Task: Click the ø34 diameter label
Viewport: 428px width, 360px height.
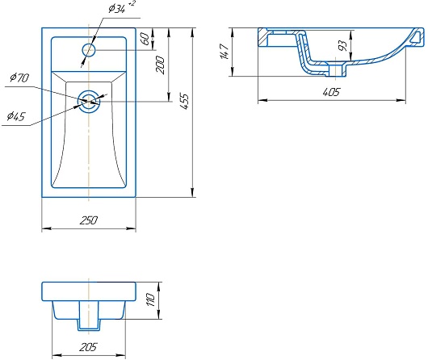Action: pyautogui.click(x=117, y=9)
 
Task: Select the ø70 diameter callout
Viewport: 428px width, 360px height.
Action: pyautogui.click(x=19, y=77)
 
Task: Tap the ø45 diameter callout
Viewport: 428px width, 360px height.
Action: pyautogui.click(x=16, y=116)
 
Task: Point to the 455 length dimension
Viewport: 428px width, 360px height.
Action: pyautogui.click(x=185, y=102)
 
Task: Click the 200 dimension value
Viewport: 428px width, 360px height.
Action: pyautogui.click(x=161, y=65)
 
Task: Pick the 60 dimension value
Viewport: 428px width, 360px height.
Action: pyautogui.click(x=146, y=39)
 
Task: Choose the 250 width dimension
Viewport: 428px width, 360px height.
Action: pyautogui.click(x=89, y=220)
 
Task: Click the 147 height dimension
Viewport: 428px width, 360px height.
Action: pyautogui.click(x=224, y=52)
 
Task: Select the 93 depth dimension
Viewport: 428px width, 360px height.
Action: pyautogui.click(x=342, y=45)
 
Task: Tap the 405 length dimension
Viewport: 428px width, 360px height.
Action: pyautogui.click(x=331, y=92)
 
